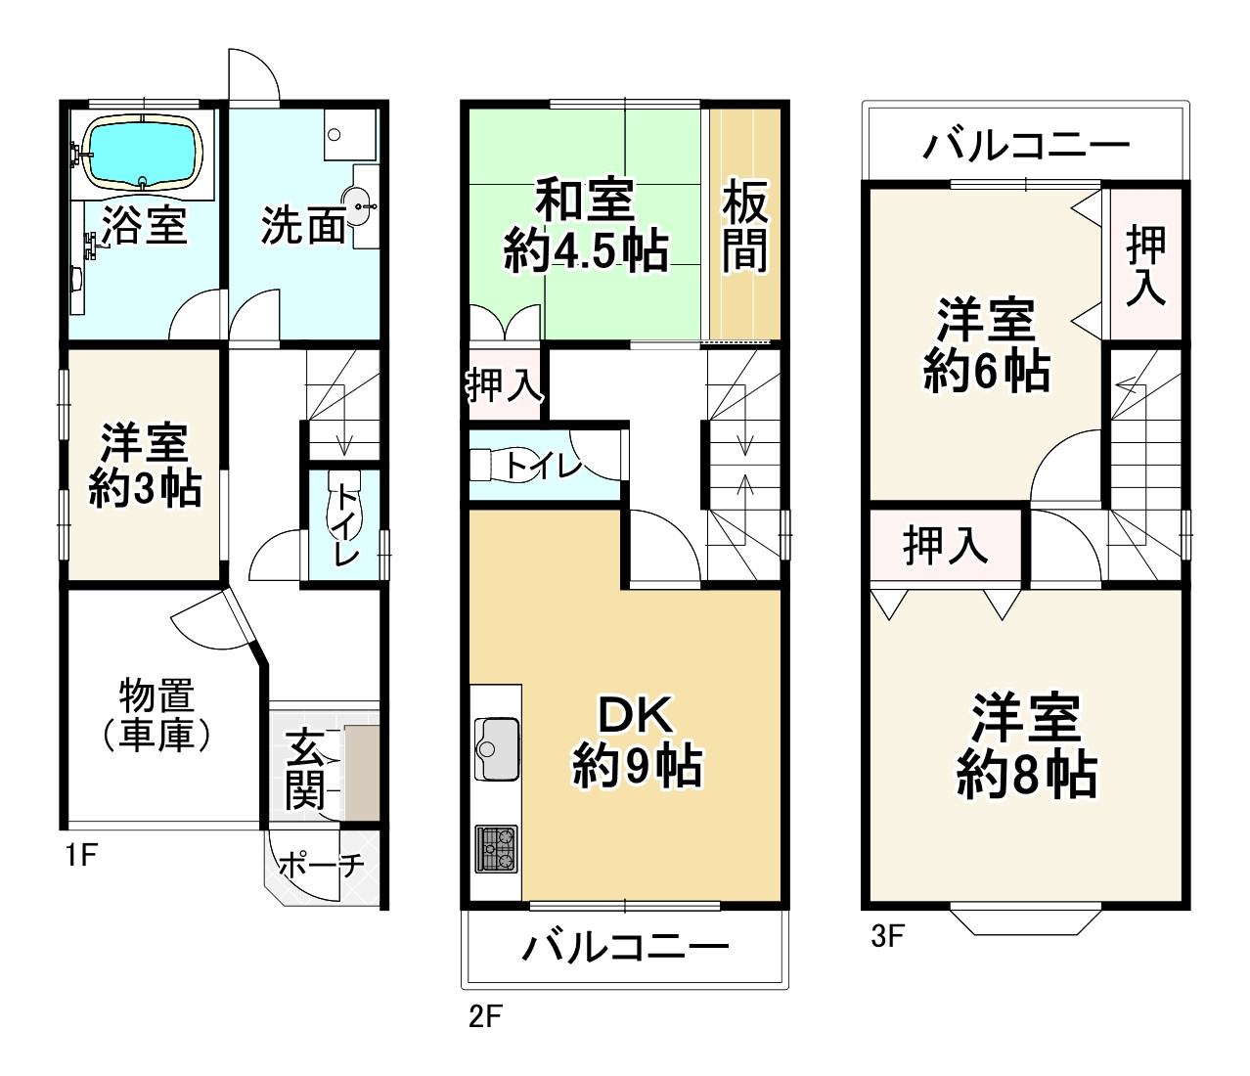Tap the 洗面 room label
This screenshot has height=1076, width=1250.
[302, 226]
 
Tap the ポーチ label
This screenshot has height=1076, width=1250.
[322, 865]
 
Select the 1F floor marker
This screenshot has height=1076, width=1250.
[80, 856]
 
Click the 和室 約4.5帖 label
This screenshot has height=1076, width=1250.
[586, 226]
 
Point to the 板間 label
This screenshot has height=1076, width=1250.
[745, 230]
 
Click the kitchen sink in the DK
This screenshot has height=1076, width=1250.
[497, 748]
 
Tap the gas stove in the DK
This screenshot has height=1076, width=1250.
[497, 848]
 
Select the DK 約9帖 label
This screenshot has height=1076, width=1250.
[637, 741]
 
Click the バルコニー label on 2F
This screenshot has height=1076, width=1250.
[625, 947]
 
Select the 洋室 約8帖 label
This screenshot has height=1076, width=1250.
[1026, 746]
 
